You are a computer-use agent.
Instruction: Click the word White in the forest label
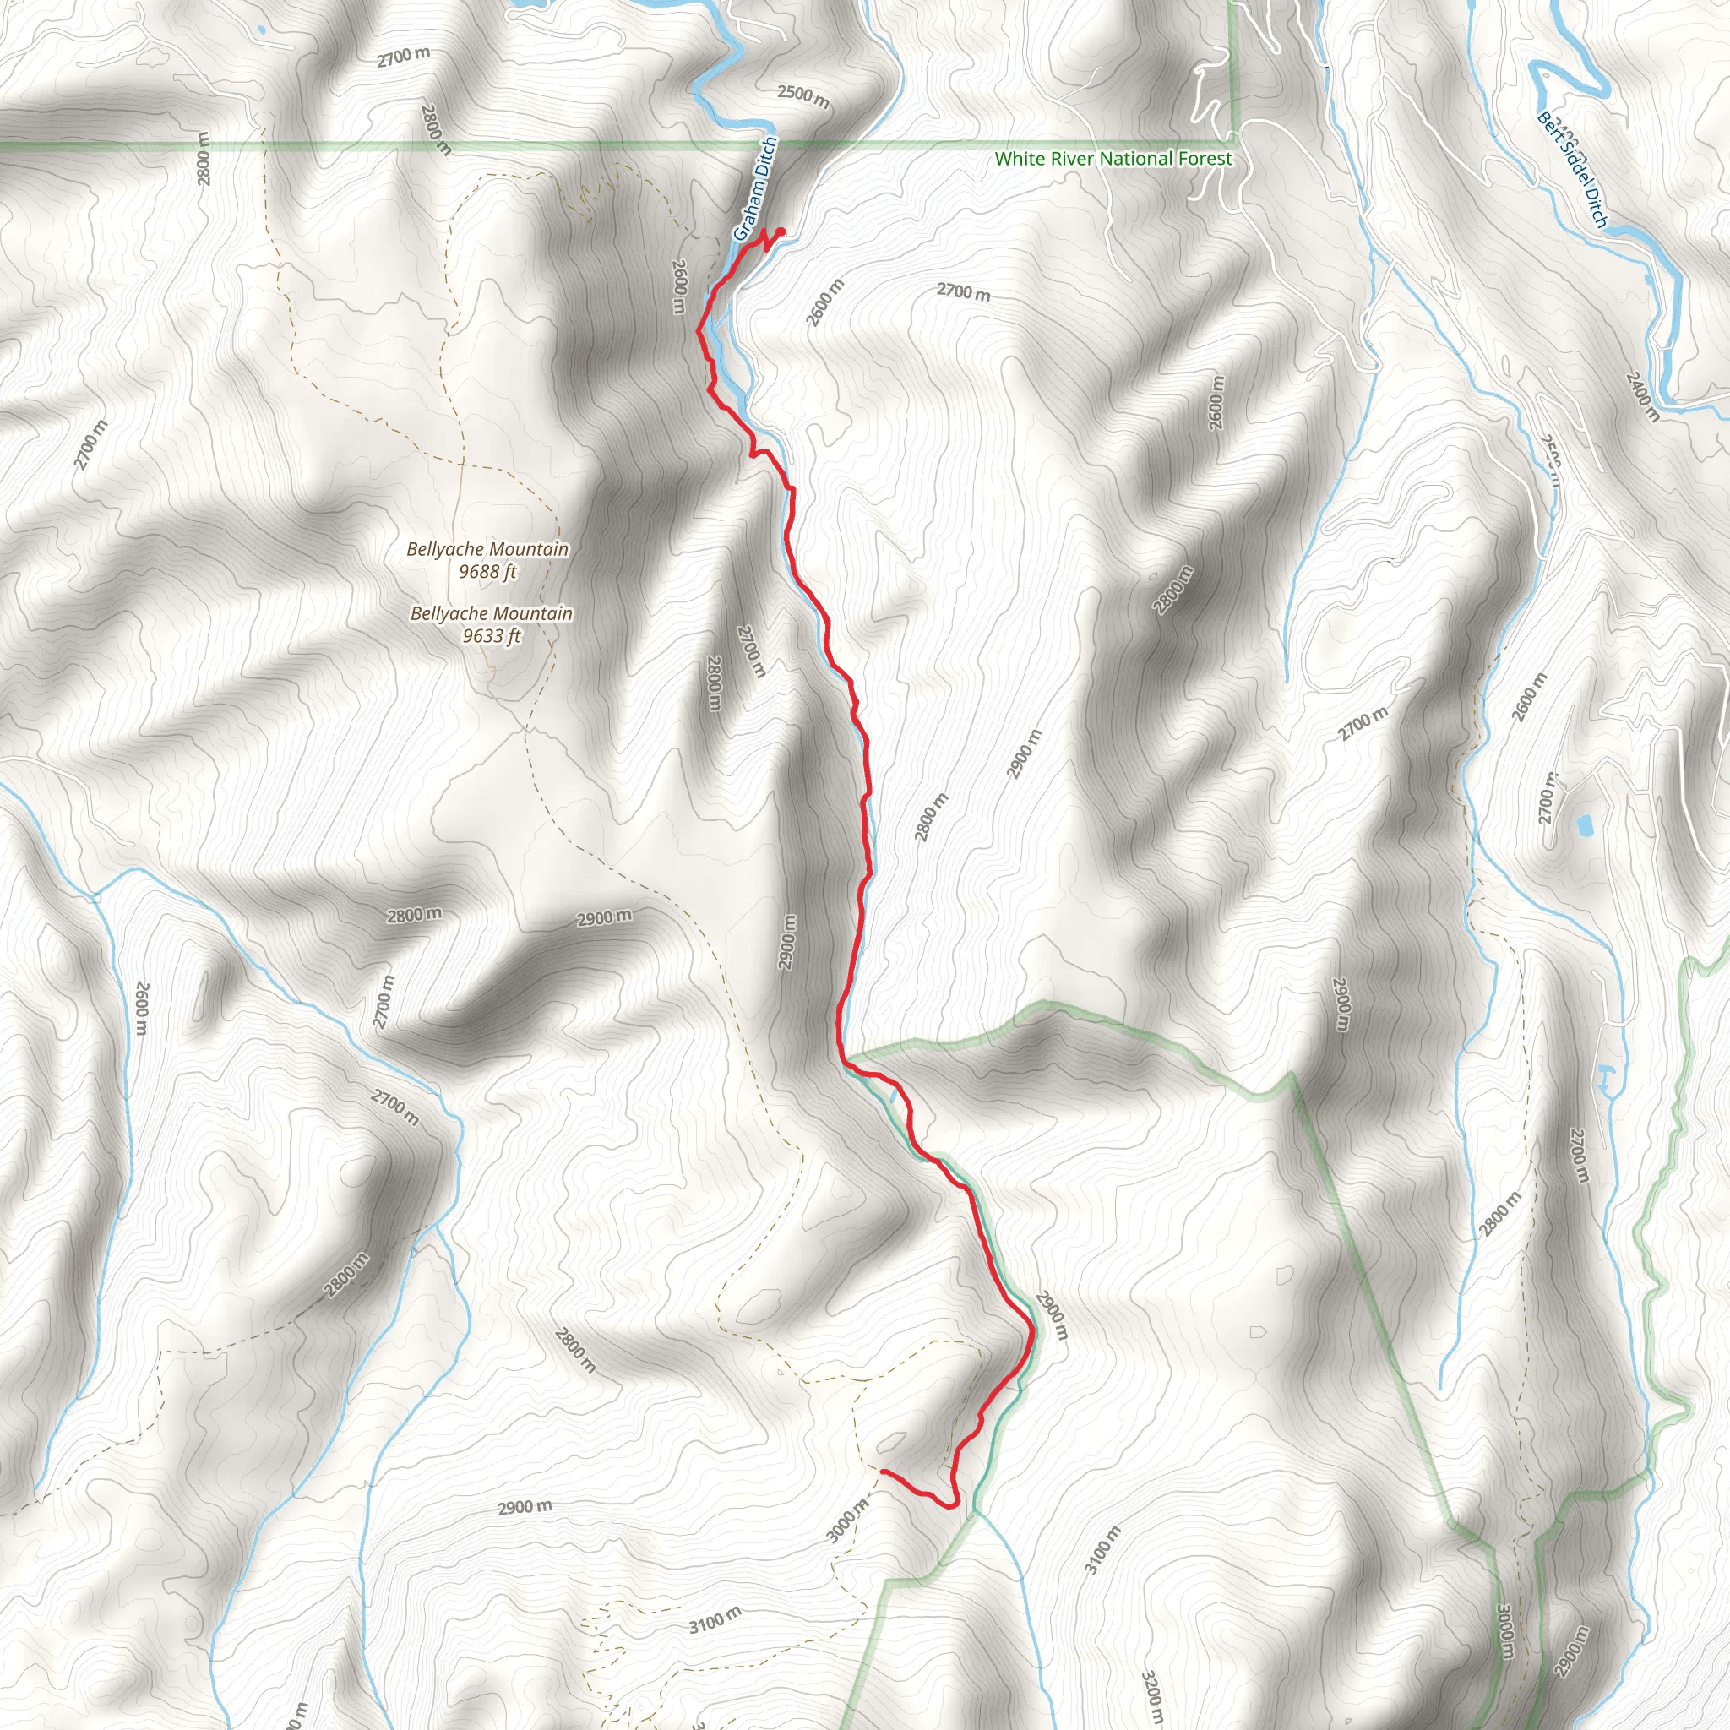coord(1017,160)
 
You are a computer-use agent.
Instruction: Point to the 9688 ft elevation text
coord(487,571)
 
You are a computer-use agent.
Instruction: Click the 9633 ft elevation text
coord(492,636)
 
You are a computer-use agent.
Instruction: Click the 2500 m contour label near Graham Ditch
coord(803,95)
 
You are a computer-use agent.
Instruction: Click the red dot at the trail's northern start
coord(781,232)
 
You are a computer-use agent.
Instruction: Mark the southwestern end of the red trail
coord(884,1472)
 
